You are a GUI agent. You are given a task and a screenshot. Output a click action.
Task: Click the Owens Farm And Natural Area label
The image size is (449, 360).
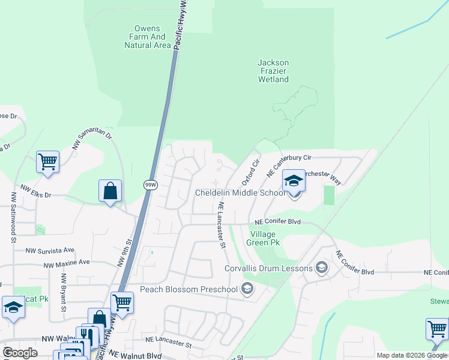pos(148,37)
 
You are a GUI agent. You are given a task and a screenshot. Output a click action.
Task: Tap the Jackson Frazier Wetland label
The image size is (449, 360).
pos(273,71)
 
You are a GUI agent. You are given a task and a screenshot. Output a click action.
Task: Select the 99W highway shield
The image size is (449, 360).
pos(151,185)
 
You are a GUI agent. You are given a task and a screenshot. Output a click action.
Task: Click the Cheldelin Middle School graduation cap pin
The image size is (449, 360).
pos(294,181)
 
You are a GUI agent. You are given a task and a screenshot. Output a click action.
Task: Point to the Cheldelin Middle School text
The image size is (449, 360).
pos(240,193)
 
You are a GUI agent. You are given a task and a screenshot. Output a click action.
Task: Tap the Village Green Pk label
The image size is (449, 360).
pos(264,238)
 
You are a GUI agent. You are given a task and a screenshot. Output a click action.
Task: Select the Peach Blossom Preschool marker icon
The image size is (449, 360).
pos(246,289)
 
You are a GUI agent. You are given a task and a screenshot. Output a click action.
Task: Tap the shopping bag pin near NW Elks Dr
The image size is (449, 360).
pos(110,191)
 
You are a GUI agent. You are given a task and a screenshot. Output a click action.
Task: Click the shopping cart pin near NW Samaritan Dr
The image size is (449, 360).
pos(47,161)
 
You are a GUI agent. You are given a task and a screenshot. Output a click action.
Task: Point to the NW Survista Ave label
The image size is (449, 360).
pos(50,250)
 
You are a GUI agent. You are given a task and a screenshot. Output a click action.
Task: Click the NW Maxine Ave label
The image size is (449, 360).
pos(66,263)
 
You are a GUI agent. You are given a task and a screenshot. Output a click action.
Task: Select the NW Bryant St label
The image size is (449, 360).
pos(63,292)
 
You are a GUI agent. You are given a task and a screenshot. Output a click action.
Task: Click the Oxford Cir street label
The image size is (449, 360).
pos(250,172)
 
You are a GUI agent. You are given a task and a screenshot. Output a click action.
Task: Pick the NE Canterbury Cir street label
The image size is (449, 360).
pos(289,164)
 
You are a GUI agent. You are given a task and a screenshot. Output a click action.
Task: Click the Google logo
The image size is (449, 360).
pos(20,353)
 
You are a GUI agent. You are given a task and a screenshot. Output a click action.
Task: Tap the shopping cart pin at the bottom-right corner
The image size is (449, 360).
pos(437,329)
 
